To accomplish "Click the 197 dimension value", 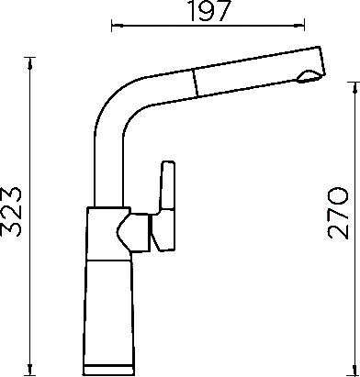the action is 209,11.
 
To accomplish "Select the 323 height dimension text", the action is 11,211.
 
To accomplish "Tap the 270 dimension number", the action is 338,213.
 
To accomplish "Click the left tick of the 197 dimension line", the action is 112,26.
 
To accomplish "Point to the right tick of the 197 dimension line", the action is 304,25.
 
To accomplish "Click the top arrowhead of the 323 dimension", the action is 29,62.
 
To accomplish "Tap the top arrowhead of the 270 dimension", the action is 354,88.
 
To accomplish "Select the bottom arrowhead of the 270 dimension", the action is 354,370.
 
